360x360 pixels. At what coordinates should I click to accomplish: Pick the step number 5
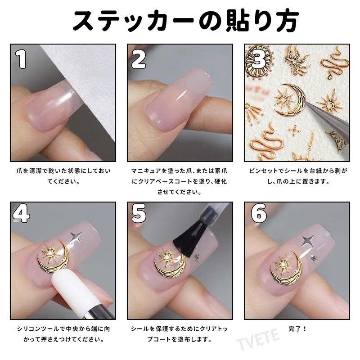click(139, 213)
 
